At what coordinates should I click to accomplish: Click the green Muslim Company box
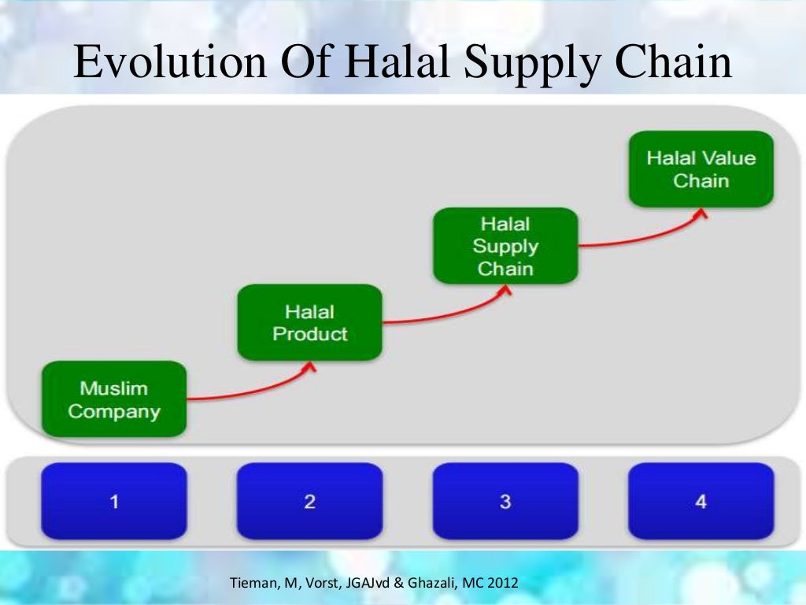[x=114, y=399]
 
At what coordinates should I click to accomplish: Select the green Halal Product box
[x=309, y=323]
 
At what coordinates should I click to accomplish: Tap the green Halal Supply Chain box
[x=505, y=246]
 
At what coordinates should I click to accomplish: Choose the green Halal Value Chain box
[x=701, y=169]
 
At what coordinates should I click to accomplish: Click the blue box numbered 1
[x=114, y=501]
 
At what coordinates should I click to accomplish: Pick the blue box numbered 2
[x=309, y=501]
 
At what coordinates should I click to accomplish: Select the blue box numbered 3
[x=505, y=501]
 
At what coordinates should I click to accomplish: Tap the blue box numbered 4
[x=701, y=501]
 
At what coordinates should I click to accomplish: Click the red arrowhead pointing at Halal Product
[x=310, y=366]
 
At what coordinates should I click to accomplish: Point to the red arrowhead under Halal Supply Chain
[x=506, y=290]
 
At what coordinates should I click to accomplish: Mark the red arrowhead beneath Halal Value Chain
[x=701, y=213]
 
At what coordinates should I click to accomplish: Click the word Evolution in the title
[x=169, y=63]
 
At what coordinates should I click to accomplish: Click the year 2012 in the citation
[x=502, y=584]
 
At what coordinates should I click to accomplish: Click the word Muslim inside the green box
[x=113, y=388]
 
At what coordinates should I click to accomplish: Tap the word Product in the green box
[x=309, y=334]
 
